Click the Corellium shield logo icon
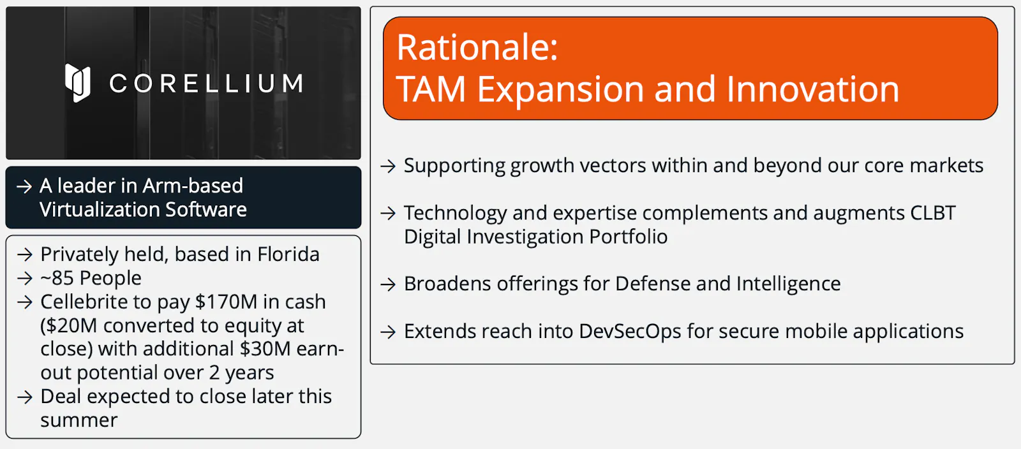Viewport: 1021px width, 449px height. [x=77, y=82]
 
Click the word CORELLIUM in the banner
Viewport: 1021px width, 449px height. [x=207, y=84]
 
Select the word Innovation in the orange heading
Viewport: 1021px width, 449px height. [x=812, y=89]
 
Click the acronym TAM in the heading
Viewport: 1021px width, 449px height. [x=431, y=89]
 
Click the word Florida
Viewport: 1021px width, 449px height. [x=288, y=254]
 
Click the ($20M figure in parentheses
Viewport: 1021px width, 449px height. [x=68, y=326]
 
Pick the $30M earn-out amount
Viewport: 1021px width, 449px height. [x=265, y=349]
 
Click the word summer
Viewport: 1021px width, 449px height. [x=79, y=420]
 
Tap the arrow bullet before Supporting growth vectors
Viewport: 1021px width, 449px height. [x=388, y=166]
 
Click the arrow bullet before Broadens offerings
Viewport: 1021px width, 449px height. [x=388, y=284]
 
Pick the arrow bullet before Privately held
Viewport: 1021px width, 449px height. [x=25, y=254]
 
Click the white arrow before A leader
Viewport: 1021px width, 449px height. [x=24, y=186]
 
